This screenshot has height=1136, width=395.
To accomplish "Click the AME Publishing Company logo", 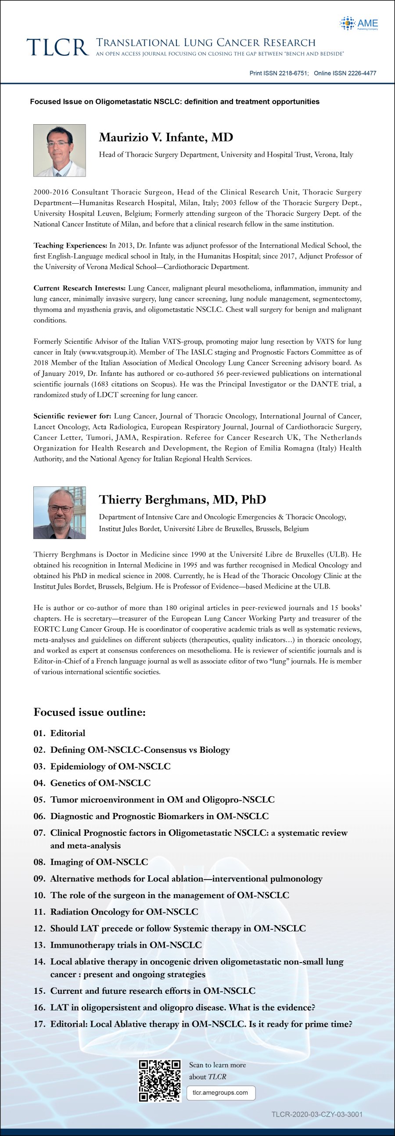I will (359, 23).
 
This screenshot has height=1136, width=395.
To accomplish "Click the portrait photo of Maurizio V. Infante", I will (60, 151).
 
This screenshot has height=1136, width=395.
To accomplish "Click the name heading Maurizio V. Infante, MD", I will (166, 137).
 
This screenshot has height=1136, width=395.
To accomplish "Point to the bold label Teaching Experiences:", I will (71, 246).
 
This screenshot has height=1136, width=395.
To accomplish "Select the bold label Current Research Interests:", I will (80, 288).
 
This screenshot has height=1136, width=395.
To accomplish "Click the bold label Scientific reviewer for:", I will (72, 416).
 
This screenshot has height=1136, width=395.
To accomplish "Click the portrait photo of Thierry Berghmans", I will (60, 513).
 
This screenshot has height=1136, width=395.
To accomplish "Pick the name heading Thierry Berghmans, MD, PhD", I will (183, 500).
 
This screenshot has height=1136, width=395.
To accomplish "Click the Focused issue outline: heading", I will (90, 712).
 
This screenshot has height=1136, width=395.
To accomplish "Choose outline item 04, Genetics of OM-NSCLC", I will (100, 783).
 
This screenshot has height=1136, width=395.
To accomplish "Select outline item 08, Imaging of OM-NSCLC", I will (99, 862).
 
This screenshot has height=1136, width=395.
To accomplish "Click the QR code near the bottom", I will (160, 1081).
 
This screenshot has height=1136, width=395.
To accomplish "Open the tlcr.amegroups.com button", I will (220, 1093).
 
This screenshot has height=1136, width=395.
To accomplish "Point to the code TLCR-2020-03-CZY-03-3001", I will (316, 1114).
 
